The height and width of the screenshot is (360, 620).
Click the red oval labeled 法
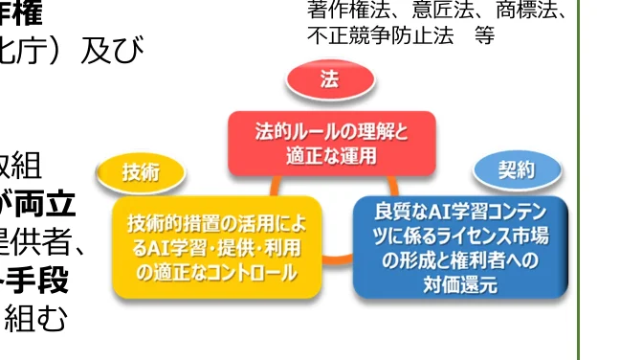point(329,81)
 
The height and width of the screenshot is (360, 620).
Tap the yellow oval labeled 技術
point(141,172)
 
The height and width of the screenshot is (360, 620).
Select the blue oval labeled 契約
point(517,170)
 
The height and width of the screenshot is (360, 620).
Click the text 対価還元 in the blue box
point(460,284)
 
